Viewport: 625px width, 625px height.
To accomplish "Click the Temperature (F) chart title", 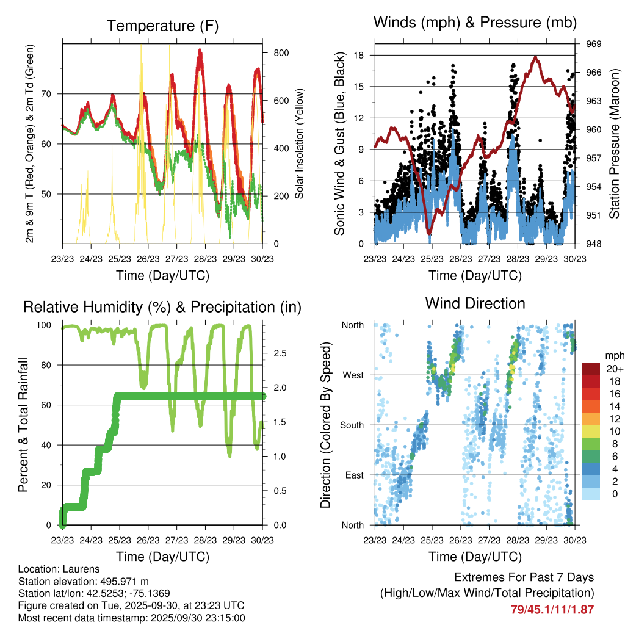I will [162, 26].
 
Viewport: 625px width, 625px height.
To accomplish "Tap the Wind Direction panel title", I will [475, 303].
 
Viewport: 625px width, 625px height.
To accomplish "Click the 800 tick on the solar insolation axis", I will [281, 53].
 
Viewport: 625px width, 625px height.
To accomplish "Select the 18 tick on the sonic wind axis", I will [359, 55].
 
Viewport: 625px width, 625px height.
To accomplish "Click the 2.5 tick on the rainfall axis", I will [280, 353].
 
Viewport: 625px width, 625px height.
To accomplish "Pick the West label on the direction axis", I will [353, 375].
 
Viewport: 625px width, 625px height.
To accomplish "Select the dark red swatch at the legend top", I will [591, 369].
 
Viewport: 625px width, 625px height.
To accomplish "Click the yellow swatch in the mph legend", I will [591, 432].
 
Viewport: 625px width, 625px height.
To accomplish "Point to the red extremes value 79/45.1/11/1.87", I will [552, 609].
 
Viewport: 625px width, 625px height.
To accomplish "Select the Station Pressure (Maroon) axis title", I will [614, 145].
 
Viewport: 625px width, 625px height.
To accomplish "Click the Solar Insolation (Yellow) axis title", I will [300, 145].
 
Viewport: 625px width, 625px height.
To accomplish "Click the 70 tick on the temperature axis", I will [51, 93].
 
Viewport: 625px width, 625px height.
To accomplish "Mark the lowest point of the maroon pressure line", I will [429, 232].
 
